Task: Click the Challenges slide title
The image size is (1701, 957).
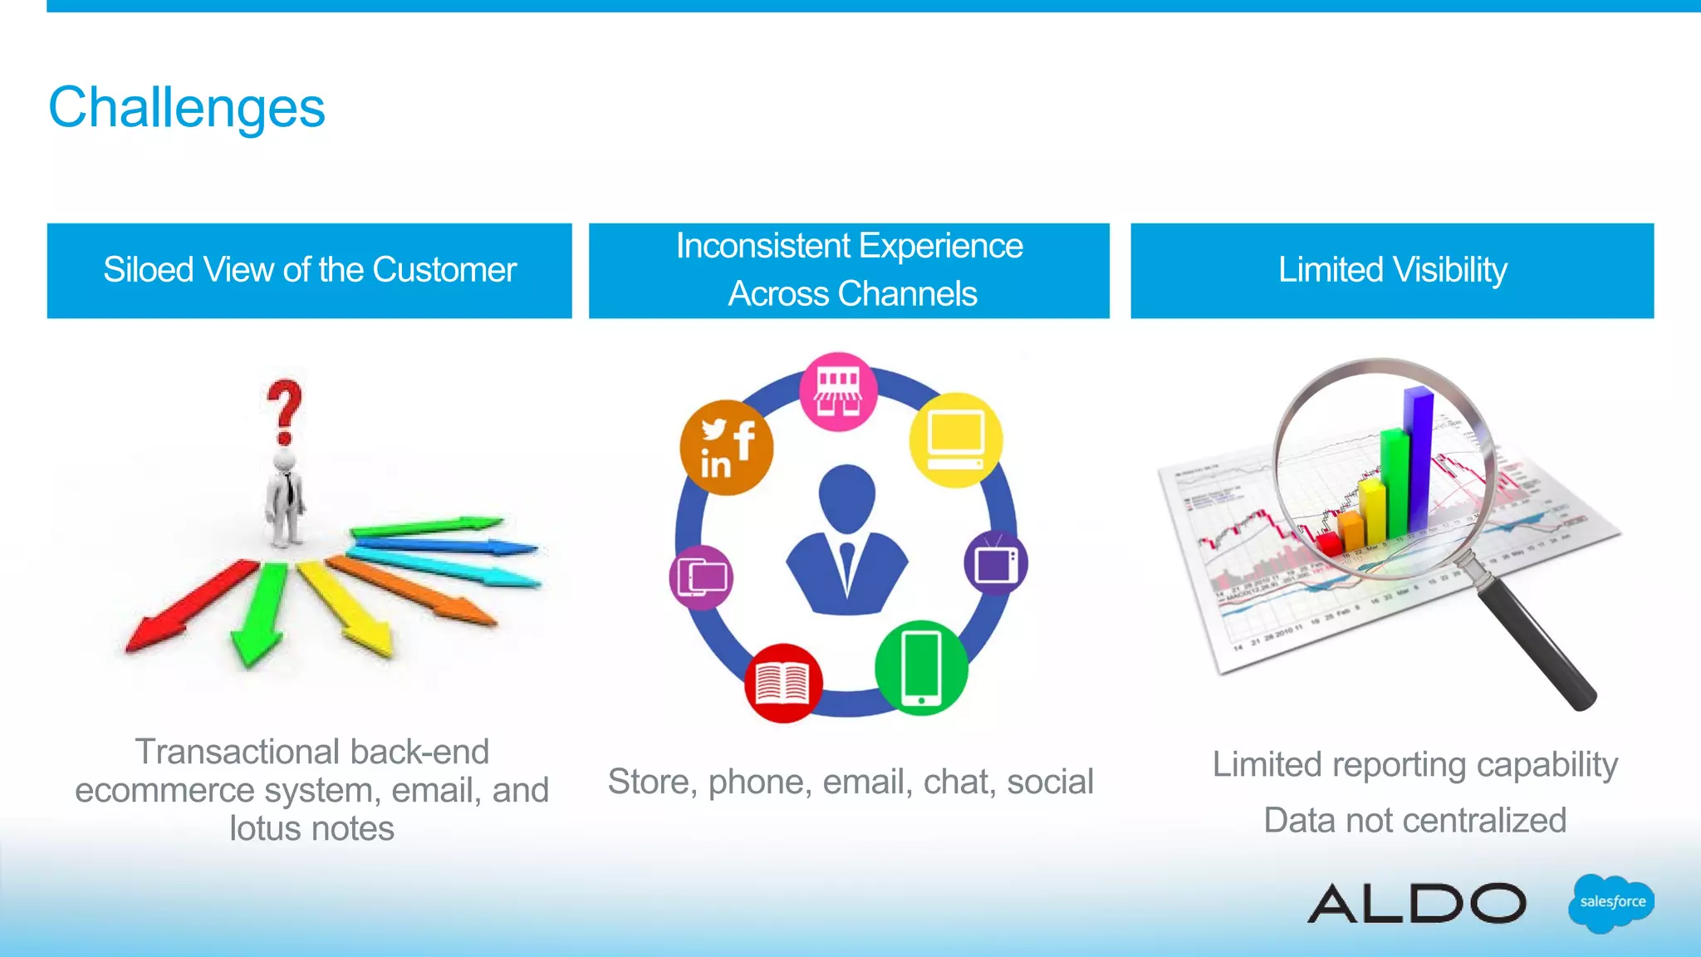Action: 187,108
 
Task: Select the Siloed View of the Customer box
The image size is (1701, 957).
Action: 309,271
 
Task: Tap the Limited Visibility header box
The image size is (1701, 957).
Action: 1392,271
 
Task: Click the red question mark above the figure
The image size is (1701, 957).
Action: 284,412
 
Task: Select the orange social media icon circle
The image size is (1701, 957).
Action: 726,448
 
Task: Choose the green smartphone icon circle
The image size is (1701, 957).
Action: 921,668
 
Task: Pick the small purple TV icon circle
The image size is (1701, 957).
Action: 996,563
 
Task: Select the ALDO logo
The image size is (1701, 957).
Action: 1417,903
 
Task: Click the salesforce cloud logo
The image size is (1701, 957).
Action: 1611,903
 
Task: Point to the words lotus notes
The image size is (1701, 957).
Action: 311,829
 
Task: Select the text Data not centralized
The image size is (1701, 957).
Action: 1414,821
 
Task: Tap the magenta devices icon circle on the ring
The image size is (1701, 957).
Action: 701,577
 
